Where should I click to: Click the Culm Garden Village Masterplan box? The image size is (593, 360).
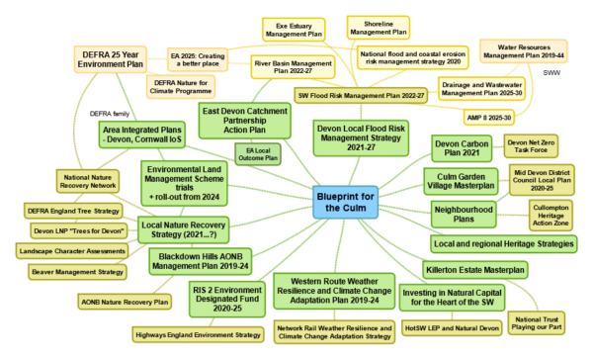(459, 181)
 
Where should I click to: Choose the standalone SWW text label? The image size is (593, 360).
(553, 72)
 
